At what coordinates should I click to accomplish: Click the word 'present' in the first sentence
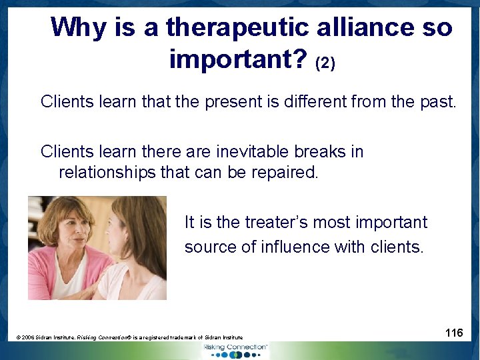(233, 102)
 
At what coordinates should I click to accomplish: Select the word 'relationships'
(107, 173)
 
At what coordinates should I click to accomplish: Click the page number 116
(454, 333)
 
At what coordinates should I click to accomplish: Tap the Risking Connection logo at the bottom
(235, 350)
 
